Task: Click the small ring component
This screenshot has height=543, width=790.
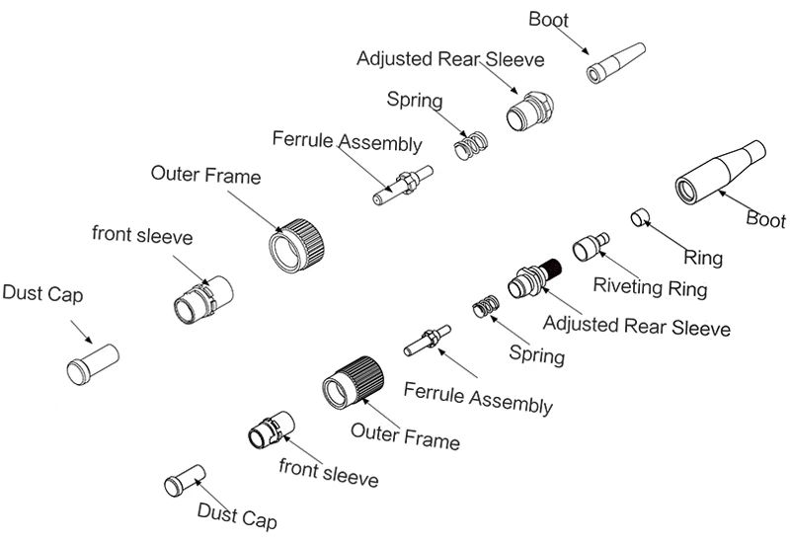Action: pos(639,216)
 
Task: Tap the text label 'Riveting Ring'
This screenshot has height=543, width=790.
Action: pos(650,288)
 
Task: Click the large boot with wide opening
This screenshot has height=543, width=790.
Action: pos(719,174)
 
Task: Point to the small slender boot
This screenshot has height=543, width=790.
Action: pos(616,63)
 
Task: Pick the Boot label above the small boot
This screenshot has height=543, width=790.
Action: pos(548,19)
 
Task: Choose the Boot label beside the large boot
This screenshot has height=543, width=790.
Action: pos(765,219)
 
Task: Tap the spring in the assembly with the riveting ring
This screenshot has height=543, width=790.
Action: pos(485,306)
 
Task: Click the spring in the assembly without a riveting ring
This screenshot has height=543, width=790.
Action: pos(471,145)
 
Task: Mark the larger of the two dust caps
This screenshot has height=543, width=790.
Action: pos(92,361)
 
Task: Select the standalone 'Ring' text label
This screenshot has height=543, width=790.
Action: pos(703,259)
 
